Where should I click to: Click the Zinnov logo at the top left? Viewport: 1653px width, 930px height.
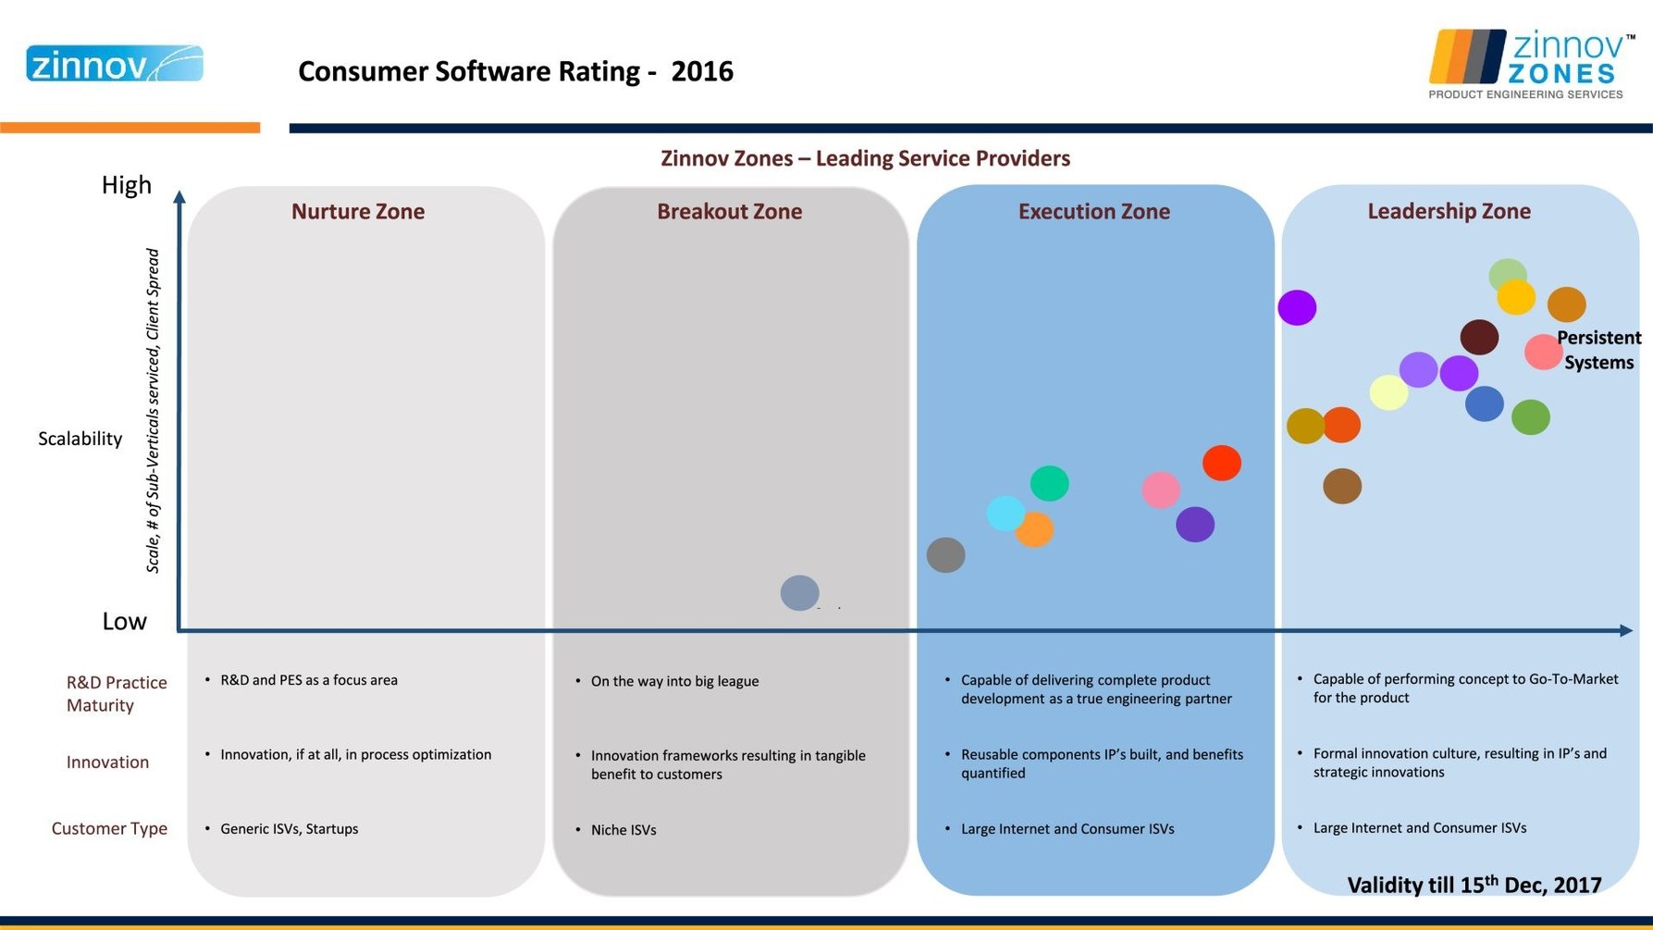(x=115, y=64)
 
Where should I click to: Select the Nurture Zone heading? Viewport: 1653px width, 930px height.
(x=358, y=212)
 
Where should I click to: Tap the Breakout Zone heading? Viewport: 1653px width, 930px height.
(x=729, y=212)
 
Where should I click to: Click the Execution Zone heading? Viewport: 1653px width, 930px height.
(x=1093, y=212)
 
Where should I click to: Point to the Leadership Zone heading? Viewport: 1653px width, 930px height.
(x=1449, y=212)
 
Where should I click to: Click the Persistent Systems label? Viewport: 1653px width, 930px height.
(x=1598, y=350)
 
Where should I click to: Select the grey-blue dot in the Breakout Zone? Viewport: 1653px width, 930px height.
(x=799, y=592)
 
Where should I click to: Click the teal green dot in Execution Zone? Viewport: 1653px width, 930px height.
(x=1049, y=483)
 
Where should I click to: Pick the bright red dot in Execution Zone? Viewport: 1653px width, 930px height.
(x=1221, y=463)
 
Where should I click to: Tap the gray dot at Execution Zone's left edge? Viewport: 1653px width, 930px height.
(x=945, y=555)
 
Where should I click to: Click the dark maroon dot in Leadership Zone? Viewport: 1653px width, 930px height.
(x=1479, y=338)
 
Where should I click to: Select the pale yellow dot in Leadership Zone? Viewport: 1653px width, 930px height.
(x=1388, y=392)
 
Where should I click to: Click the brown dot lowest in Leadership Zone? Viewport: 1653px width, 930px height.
(x=1341, y=486)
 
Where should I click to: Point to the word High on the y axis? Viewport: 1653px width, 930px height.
(x=127, y=185)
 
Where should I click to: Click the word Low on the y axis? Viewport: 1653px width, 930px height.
(x=124, y=621)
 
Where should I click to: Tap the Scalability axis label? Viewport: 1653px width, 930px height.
(x=80, y=439)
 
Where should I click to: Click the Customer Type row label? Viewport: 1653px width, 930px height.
(x=109, y=828)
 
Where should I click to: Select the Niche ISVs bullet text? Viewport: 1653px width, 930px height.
(x=623, y=830)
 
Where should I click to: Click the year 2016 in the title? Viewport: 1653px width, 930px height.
(x=702, y=71)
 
